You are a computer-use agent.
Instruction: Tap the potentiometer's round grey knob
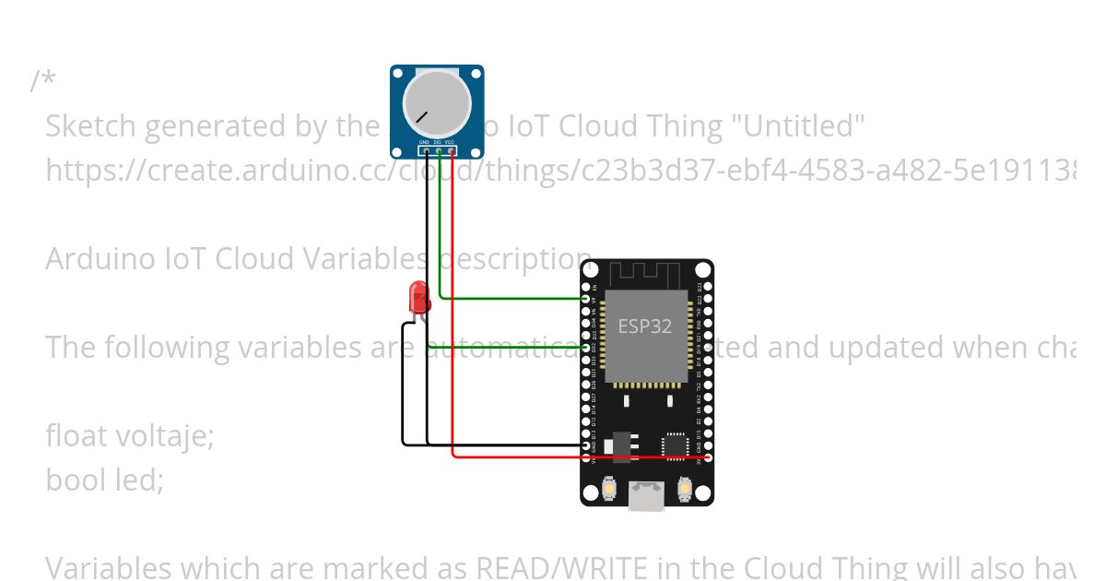click(x=437, y=102)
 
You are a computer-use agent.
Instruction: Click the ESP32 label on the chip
click(x=644, y=326)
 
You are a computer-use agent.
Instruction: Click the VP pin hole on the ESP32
click(x=587, y=299)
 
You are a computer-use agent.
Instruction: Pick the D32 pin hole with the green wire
click(x=587, y=347)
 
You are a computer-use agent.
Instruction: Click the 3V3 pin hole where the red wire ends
click(x=707, y=456)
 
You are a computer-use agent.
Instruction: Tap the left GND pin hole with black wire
click(x=587, y=445)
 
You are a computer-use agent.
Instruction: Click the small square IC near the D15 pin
click(x=676, y=445)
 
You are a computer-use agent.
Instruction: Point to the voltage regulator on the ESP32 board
click(x=622, y=445)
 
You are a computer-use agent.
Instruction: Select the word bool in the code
click(x=73, y=480)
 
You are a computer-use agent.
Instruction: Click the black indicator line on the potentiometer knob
click(x=421, y=117)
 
